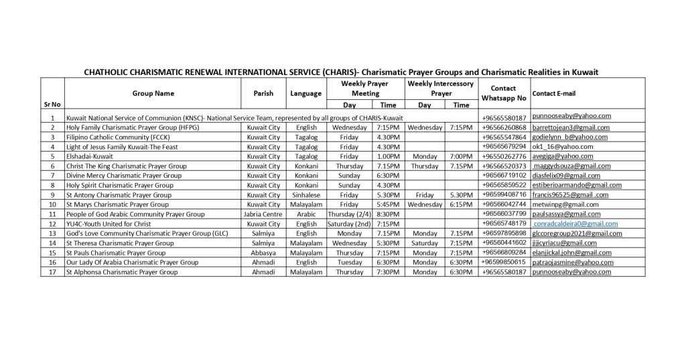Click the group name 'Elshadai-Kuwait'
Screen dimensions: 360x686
[x=90, y=156]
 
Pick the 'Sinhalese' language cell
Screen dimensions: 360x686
[x=306, y=195]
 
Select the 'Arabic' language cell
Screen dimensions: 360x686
[x=306, y=215]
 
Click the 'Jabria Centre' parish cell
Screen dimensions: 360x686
[x=263, y=215]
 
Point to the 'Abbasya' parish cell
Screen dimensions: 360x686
[x=263, y=253]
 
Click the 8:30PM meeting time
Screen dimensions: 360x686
[x=388, y=215]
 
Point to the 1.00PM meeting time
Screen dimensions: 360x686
[x=388, y=156]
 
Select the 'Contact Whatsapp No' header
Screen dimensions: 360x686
[x=503, y=93]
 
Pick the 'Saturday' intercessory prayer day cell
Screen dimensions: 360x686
[x=425, y=243]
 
